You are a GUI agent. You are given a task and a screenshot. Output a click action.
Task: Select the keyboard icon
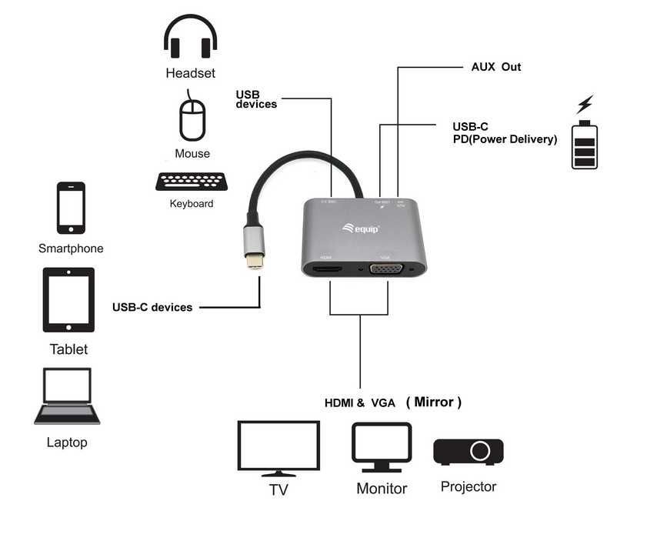191,182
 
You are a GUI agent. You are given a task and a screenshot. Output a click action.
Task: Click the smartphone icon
71,208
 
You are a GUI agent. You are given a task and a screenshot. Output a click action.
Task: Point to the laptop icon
67,396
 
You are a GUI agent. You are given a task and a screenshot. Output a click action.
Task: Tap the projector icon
469,451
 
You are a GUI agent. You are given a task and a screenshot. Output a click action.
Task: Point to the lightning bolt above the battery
585,104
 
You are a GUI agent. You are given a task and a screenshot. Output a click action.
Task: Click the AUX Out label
496,67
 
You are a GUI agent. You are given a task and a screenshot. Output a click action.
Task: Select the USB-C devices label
152,307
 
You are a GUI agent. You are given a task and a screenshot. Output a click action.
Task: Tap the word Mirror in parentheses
434,402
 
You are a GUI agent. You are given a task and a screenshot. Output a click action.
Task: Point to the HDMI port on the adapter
328,269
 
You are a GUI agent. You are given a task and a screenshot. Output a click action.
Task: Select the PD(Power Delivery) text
505,139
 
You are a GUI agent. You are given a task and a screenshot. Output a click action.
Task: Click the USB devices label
256,99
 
